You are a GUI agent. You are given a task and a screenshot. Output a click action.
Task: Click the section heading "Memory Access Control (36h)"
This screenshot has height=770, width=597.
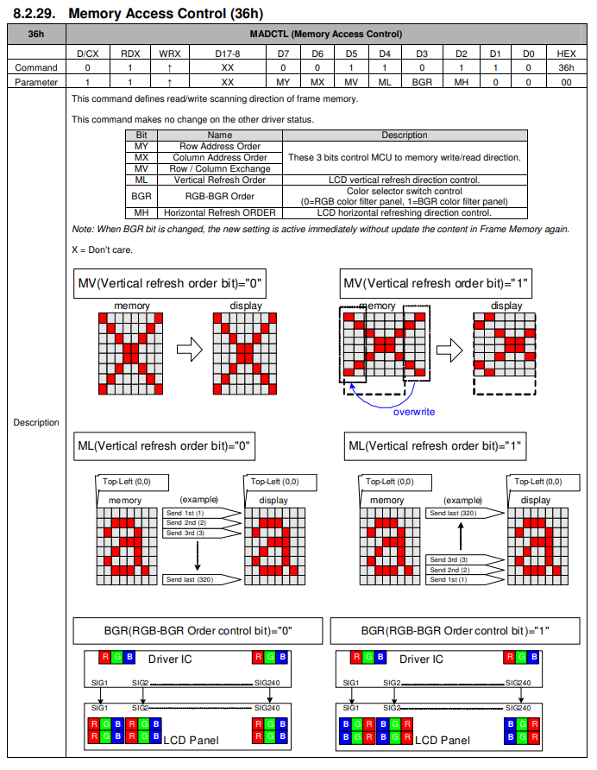[x=165, y=14]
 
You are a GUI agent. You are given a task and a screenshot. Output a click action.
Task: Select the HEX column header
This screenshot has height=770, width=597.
[x=566, y=54]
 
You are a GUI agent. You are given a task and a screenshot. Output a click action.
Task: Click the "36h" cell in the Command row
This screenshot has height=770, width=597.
[x=566, y=67]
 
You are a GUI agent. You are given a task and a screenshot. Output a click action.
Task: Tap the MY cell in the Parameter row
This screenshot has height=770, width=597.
[x=283, y=82]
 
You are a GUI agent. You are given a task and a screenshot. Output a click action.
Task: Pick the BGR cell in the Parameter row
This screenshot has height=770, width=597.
[x=422, y=82]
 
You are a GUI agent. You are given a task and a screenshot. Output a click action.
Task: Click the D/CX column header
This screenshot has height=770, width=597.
[x=87, y=54]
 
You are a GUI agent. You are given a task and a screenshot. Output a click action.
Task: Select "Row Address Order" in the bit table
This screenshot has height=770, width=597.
[x=220, y=147]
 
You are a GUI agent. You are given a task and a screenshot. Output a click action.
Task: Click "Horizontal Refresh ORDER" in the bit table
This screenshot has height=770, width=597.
[x=220, y=212]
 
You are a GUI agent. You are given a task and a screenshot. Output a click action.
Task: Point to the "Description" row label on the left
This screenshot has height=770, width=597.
[x=36, y=422]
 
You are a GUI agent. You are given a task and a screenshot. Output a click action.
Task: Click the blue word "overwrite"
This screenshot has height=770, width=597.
[x=414, y=412]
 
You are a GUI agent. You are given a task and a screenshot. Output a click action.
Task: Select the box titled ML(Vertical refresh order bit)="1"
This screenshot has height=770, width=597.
[x=436, y=446]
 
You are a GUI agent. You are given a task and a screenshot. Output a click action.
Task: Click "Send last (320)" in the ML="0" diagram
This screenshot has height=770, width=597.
[x=190, y=579]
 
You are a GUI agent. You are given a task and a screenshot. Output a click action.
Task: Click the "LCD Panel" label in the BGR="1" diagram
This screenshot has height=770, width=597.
[x=443, y=740]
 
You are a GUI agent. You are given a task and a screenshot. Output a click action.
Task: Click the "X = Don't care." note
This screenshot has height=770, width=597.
[x=103, y=249]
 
